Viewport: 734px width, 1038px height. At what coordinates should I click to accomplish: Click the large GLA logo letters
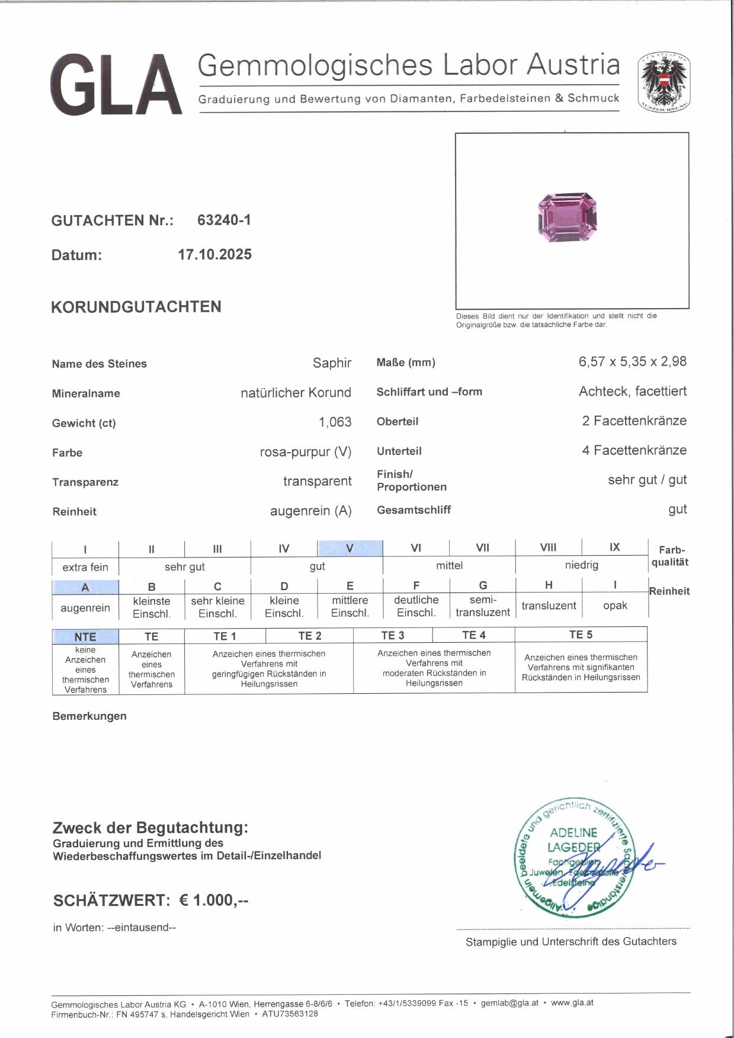pos(116,85)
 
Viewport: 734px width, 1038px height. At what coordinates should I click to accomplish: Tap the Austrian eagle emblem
pos(664,82)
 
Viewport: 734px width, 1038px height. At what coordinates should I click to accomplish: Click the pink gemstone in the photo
pos(567,217)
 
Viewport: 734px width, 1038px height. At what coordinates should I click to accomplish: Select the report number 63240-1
pos(224,220)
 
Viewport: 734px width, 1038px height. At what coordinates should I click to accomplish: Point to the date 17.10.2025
pos(214,255)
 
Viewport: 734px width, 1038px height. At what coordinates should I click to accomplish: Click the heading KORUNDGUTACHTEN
pos(136,307)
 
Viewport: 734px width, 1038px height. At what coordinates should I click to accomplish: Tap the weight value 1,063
pos(335,422)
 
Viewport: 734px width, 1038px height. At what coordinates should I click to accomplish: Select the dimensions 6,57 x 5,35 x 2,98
pos(632,361)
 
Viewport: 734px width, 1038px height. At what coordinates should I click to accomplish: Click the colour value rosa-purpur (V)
pos(305,452)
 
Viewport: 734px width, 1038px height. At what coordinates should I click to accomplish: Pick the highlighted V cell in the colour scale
pos(350,548)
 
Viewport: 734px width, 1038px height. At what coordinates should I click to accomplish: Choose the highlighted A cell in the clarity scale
pos(85,587)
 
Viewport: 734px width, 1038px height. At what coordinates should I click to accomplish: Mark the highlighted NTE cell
pos(85,636)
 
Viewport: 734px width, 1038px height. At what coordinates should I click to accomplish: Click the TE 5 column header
pos(581,635)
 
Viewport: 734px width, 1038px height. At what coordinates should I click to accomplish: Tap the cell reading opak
pos(615,605)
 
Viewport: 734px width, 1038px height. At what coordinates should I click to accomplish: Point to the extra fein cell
pos(85,567)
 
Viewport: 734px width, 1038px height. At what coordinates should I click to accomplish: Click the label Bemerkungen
pos(89,716)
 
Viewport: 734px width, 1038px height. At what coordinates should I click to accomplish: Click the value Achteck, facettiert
pos(632,391)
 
